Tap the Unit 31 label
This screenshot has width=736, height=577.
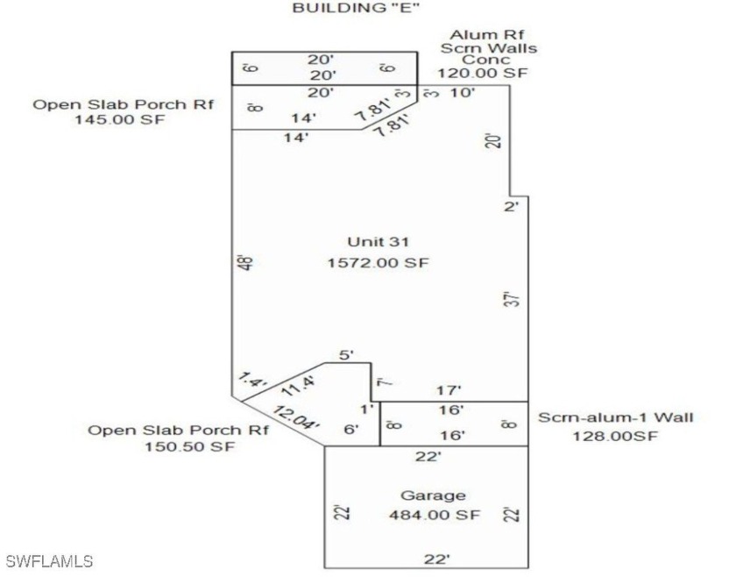pos(379,242)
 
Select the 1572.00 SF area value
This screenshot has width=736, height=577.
pos(379,263)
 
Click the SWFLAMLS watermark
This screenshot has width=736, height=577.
pos(48,560)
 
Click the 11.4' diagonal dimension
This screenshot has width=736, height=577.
pos(297,386)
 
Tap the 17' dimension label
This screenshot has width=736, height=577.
pos(449,390)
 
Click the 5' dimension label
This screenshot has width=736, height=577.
pos(346,355)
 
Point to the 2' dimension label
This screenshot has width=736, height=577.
pos(513,207)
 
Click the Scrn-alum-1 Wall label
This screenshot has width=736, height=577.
pos(615,417)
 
